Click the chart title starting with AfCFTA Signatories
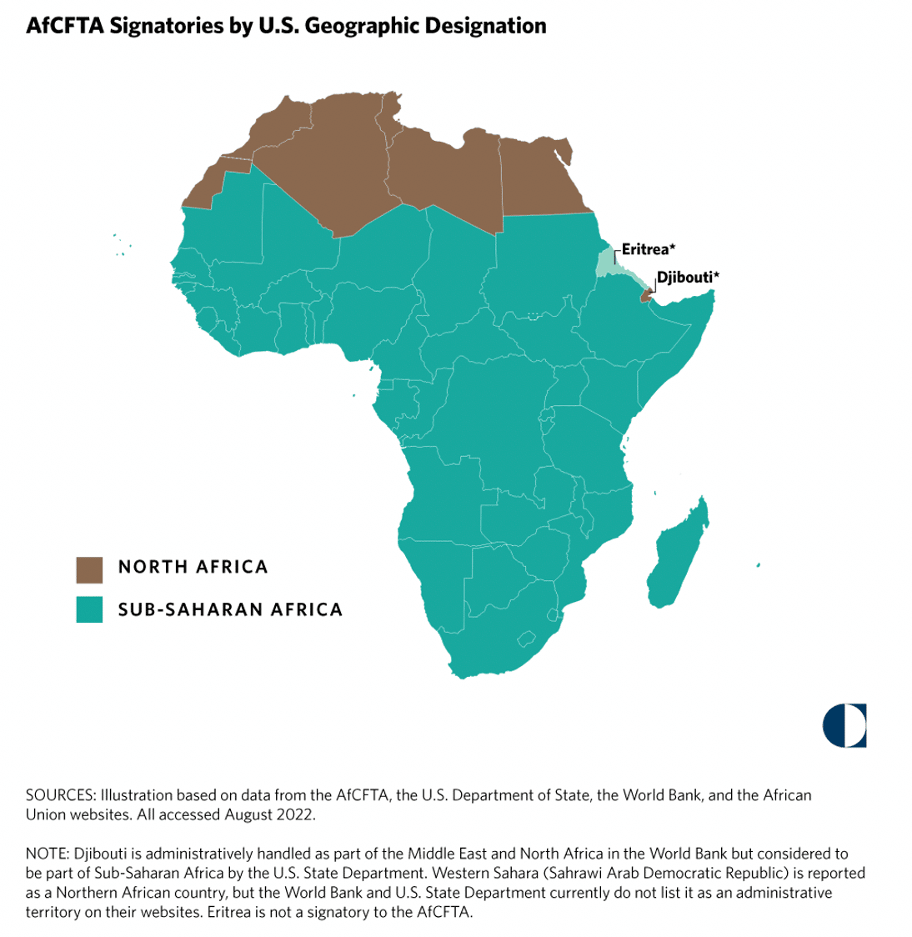286,26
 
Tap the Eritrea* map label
648,248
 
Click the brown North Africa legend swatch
89,569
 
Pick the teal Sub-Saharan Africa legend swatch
89,609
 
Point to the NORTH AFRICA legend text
193,568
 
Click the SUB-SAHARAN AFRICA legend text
230,609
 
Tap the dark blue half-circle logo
844,725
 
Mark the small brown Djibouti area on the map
644,295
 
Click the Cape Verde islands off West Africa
121,246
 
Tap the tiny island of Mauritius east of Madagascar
758,565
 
